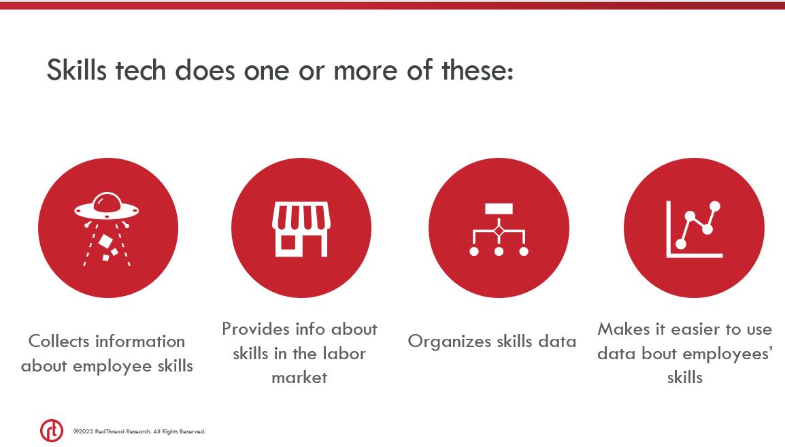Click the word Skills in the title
[77, 69]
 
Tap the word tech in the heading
[141, 69]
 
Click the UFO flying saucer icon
[107, 229]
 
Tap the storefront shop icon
[301, 229]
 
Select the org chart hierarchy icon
[499, 229]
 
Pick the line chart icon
[695, 229]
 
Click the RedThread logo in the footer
[52, 431]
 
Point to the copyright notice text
[139, 431]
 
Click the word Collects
[59, 342]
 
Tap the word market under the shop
[299, 378]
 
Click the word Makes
[624, 329]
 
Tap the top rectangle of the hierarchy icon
[499, 208]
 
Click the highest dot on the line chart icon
[715, 206]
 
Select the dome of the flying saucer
[107, 201]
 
